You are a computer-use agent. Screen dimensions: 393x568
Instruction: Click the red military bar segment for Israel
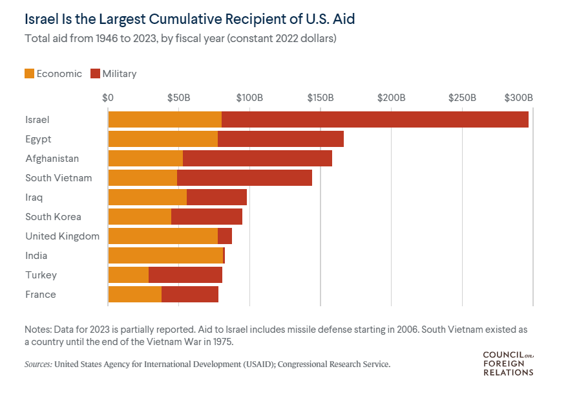point(375,120)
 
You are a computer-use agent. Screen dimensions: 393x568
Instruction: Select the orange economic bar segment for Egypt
point(163,139)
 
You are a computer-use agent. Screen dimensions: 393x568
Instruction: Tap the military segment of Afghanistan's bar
point(257,159)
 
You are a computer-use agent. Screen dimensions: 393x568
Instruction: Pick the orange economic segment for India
point(165,256)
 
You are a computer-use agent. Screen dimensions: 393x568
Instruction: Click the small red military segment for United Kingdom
point(225,236)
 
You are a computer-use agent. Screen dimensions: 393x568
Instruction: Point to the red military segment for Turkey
point(185,275)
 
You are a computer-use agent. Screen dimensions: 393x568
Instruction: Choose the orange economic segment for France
point(135,295)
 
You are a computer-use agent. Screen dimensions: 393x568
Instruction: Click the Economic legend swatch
point(30,74)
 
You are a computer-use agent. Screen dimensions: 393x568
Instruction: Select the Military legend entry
point(114,74)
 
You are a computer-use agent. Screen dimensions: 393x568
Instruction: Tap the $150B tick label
point(321,98)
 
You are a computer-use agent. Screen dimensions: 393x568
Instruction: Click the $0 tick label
point(108,98)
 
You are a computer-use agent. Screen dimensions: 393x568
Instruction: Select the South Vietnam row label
point(59,178)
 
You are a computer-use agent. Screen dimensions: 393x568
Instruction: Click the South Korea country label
point(54,217)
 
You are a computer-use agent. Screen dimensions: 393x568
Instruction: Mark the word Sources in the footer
point(38,365)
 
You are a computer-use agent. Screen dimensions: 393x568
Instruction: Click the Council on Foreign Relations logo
point(508,364)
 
